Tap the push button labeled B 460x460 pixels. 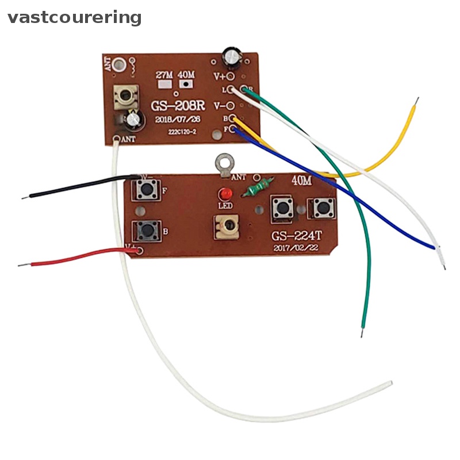(x=146, y=231)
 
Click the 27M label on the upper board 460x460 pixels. (x=165, y=75)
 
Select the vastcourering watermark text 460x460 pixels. (x=74, y=17)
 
